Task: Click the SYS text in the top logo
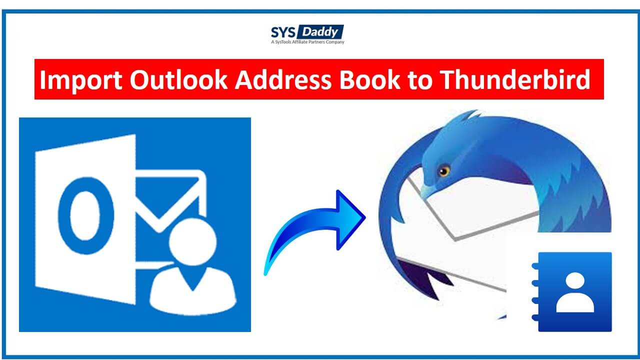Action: point(283,32)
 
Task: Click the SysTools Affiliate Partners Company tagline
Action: point(307,42)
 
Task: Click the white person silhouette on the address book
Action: point(575,293)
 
